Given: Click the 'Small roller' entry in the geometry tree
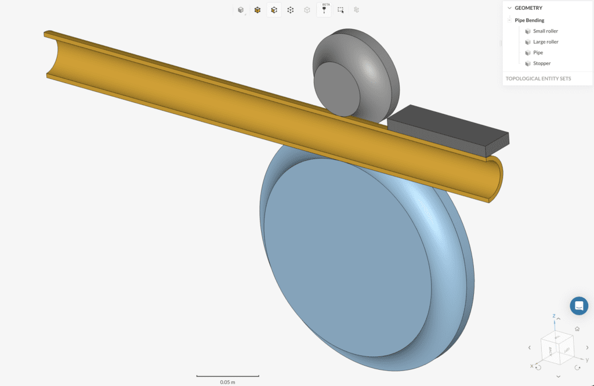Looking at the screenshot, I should coord(545,31).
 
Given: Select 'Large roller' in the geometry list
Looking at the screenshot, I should coord(545,42).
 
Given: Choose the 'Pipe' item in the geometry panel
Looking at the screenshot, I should coord(538,53).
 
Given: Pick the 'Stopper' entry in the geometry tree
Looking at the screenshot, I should coord(542,63).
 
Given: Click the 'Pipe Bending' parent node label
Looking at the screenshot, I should coord(529,20).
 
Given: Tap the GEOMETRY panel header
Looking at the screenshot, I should coord(528,8).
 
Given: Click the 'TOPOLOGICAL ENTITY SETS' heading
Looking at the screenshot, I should coord(538,78).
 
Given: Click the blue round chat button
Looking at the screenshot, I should coord(578,306).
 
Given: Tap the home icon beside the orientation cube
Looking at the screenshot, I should coord(577,329).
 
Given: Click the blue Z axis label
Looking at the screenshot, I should coord(554,316).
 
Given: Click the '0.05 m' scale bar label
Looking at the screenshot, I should coord(227,381).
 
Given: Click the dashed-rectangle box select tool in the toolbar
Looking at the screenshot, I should coord(341,10).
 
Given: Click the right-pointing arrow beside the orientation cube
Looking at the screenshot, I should coord(586,348).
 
